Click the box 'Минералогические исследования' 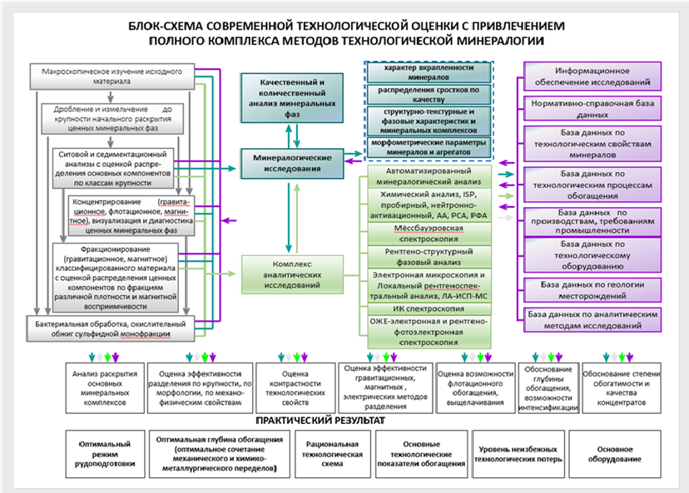pyautogui.click(x=287, y=162)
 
